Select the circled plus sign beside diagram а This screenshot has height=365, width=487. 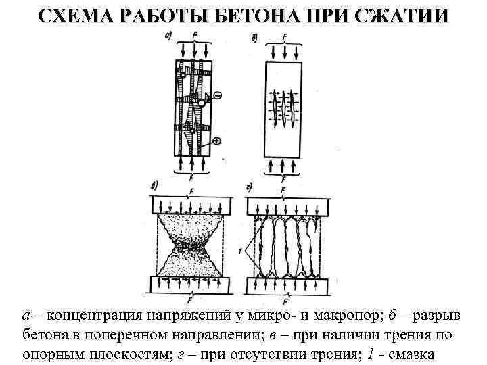coord(216,141)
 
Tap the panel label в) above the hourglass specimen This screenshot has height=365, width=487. coord(155,184)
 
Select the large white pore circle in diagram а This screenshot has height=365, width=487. coord(201,103)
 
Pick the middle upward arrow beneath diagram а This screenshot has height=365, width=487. coord(193,164)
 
